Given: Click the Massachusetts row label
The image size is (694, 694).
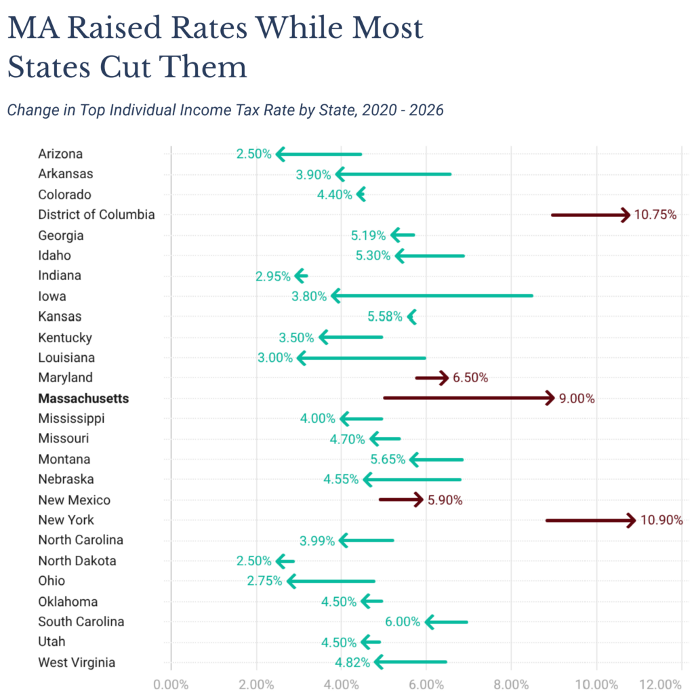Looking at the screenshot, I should [83, 399].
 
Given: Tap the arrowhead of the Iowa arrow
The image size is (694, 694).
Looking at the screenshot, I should [335, 296].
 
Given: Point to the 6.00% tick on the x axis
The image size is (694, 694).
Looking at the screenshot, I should [426, 684].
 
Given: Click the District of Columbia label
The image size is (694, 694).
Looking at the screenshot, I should [96, 215].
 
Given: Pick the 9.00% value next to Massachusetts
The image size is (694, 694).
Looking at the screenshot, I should [577, 399].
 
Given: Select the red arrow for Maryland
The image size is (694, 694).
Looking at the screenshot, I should [432, 377].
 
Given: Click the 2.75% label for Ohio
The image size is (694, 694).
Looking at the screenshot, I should [264, 581].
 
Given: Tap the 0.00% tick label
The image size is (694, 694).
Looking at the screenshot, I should [171, 684].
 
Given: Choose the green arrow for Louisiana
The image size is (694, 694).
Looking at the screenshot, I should [361, 358].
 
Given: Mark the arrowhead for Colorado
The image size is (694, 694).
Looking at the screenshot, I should [361, 195].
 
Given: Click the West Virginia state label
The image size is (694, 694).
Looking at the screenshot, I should [77, 663].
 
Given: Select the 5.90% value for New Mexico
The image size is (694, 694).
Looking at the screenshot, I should [445, 500].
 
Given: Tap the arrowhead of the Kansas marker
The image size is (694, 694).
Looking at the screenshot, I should [411, 317].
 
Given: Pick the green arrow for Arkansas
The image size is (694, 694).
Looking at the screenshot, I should [393, 174].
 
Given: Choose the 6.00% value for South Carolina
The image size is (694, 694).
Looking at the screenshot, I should [403, 622].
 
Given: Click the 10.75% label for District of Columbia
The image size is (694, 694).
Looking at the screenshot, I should [655, 215].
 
